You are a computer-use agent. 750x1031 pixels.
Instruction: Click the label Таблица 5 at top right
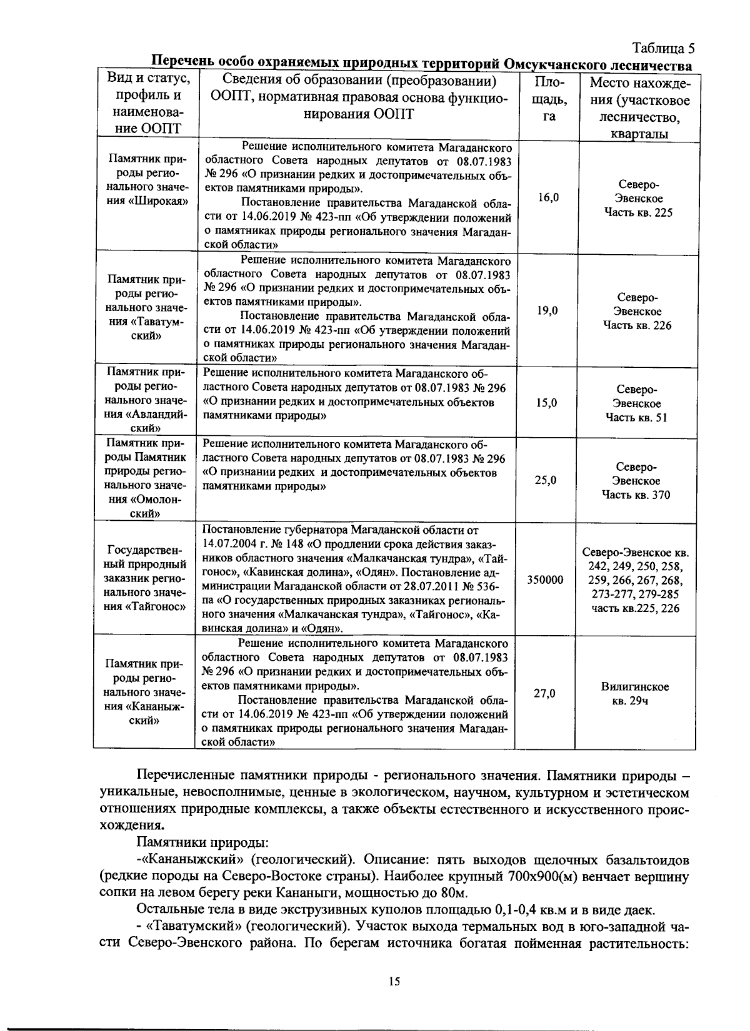pyautogui.click(x=663, y=49)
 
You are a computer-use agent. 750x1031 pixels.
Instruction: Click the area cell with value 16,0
pyautogui.click(x=548, y=198)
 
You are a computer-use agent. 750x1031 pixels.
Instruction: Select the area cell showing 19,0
pyautogui.click(x=548, y=311)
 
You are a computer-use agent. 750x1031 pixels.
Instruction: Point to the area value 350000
pyautogui.click(x=545, y=580)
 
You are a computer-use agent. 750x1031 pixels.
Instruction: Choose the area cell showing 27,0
pyautogui.click(x=545, y=693)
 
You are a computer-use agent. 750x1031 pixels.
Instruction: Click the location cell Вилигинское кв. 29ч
pyautogui.click(x=635, y=694)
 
